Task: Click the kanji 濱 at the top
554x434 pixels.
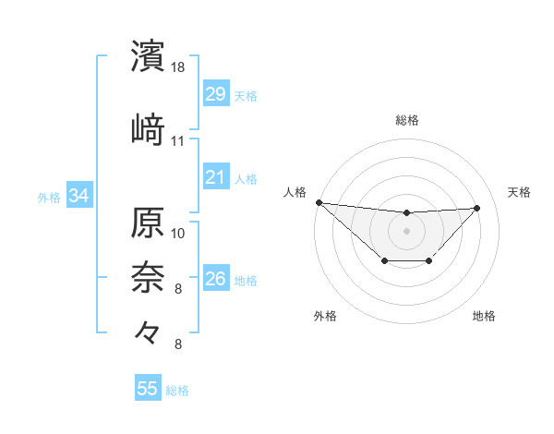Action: pyautogui.click(x=149, y=56)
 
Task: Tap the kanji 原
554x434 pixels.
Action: pyautogui.click(x=149, y=224)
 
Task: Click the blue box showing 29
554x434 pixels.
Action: pyautogui.click(x=215, y=94)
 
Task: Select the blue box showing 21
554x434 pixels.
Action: pyautogui.click(x=215, y=176)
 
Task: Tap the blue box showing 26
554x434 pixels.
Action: pyautogui.click(x=215, y=279)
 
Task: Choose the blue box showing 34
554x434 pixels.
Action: pyautogui.click(x=78, y=196)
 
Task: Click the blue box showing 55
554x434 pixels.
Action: pyautogui.click(x=148, y=389)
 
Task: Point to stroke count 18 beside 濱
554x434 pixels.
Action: pyautogui.click(x=178, y=67)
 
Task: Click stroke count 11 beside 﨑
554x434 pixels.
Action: pyautogui.click(x=178, y=140)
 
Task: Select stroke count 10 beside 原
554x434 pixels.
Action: pyautogui.click(x=178, y=232)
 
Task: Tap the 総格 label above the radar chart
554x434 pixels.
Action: pyautogui.click(x=406, y=120)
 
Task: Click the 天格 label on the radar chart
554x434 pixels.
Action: pyautogui.click(x=519, y=192)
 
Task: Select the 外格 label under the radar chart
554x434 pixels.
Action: pyautogui.click(x=325, y=316)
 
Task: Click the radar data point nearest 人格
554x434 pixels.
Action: pyautogui.click(x=319, y=202)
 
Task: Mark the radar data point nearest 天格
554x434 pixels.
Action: pyautogui.click(x=477, y=208)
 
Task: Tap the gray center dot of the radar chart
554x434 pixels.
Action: pyautogui.click(x=406, y=230)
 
